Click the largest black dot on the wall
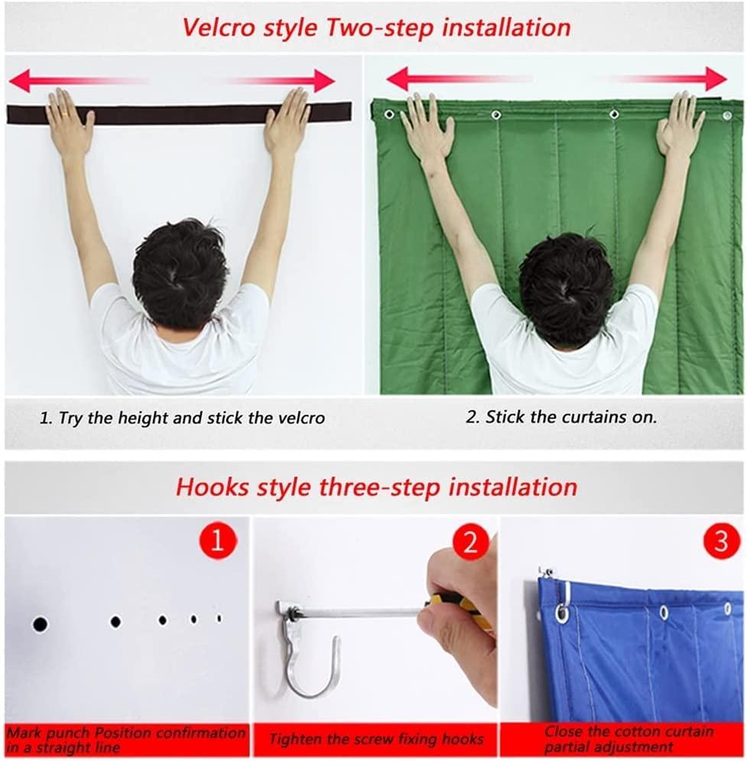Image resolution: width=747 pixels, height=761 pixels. (40, 625)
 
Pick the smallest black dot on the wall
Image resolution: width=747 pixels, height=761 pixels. (219, 618)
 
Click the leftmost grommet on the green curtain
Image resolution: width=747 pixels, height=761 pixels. (389, 114)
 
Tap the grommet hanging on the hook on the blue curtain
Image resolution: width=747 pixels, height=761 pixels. (562, 612)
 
